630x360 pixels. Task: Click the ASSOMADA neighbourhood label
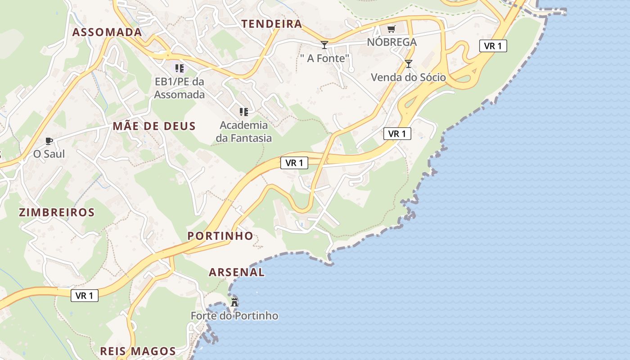(x=107, y=32)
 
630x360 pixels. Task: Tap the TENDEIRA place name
(x=272, y=24)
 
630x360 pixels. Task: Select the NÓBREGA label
(x=392, y=42)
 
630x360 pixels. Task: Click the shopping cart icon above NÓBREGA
(x=391, y=29)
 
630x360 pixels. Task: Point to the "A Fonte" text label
(x=325, y=58)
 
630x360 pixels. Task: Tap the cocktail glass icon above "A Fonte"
(x=324, y=45)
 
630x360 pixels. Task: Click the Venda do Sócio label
(x=408, y=77)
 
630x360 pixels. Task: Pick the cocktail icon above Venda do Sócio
(x=408, y=64)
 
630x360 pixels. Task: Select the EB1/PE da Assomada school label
(x=180, y=88)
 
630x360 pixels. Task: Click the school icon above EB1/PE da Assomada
(x=180, y=68)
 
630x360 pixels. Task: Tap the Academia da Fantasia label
(x=244, y=131)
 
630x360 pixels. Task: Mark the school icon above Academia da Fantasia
(x=243, y=112)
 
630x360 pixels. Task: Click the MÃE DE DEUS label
(x=154, y=126)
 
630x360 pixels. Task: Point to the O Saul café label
(x=49, y=154)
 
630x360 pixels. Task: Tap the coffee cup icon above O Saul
(x=49, y=141)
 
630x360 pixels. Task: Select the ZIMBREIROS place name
(x=57, y=212)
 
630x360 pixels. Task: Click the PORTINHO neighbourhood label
(x=220, y=236)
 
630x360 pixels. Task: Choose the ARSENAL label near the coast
(x=237, y=272)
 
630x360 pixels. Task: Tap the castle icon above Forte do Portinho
(x=234, y=302)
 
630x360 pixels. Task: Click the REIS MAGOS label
(x=138, y=351)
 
